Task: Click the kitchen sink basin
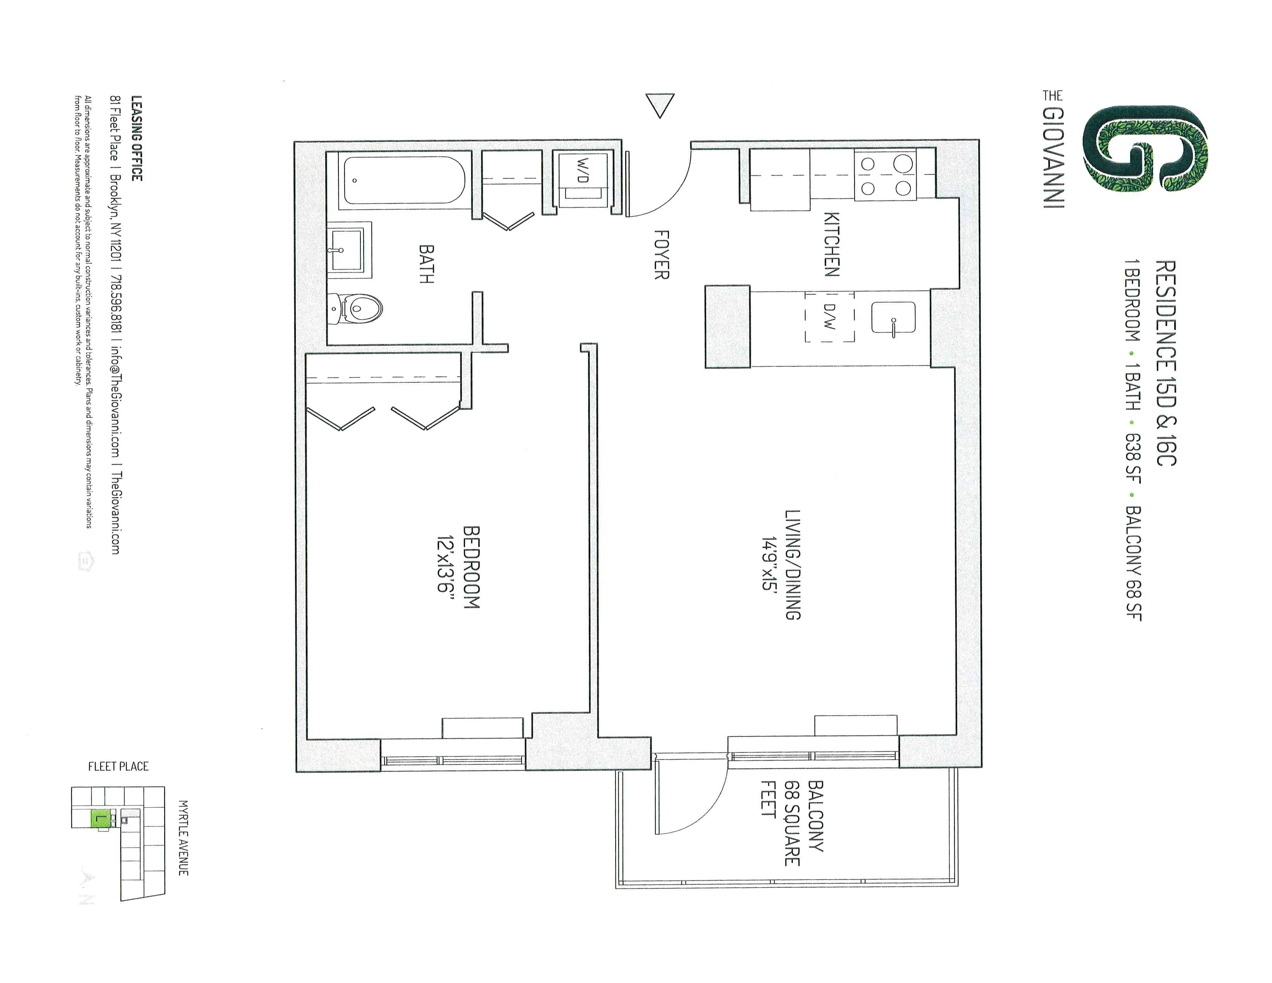(893, 318)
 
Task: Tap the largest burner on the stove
(903, 163)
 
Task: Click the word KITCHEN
(832, 244)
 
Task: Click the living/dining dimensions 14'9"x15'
(769, 564)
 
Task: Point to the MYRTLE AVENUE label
(183, 837)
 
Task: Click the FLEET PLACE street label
(118, 766)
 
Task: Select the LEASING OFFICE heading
(136, 138)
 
